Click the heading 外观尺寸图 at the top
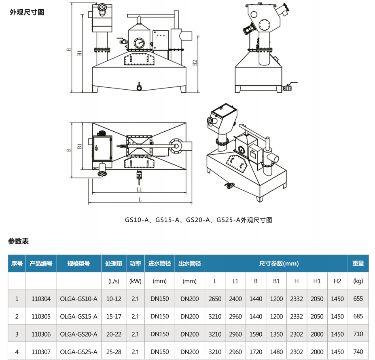[27, 12]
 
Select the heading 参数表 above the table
[19, 241]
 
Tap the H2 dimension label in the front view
[195, 62]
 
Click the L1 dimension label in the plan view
[139, 189]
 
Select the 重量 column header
[358, 263]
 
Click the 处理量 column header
[114, 263]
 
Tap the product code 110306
[41, 334]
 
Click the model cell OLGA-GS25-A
[78, 352]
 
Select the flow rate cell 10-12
[114, 299]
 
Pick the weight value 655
[358, 299]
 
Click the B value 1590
[256, 334]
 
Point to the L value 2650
[215, 299]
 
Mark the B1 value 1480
[276, 352]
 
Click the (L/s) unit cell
[114, 281]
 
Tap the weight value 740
[358, 352]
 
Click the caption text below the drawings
[198, 220]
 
